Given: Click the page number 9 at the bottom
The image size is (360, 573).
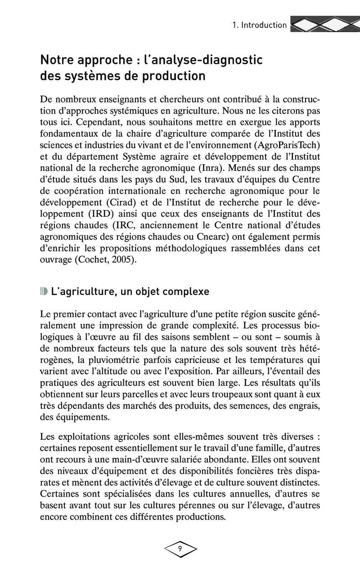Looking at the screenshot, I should click(x=180, y=549).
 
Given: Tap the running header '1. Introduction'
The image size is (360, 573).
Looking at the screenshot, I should click(x=259, y=25).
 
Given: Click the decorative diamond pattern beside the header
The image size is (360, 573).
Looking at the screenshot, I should click(x=324, y=25).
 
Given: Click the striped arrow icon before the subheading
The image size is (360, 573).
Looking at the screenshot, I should click(x=44, y=291).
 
